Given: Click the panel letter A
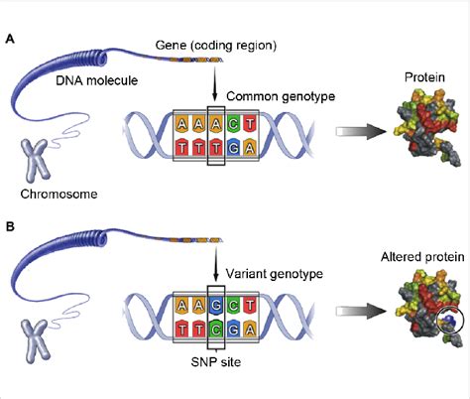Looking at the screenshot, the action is [x=10, y=40].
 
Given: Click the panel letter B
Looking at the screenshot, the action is [x=10, y=227].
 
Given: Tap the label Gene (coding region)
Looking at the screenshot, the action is [x=216, y=46].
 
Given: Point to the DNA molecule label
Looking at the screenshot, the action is [x=97, y=80].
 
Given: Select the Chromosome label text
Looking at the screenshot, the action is [x=59, y=194].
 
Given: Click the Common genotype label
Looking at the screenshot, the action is [x=281, y=96].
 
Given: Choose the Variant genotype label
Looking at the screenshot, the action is [x=275, y=274].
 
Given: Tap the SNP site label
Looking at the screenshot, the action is [x=216, y=362].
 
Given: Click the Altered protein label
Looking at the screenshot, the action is [x=422, y=257].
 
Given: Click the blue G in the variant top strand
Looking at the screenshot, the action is [x=216, y=305].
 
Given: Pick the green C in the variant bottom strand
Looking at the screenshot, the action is [x=216, y=329].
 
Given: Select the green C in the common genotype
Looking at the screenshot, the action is [x=233, y=124].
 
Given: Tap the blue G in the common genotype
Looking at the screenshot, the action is [x=233, y=148].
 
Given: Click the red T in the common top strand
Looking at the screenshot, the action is [x=250, y=124].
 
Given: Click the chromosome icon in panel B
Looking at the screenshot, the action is [x=36, y=340].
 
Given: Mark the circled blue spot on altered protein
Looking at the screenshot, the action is [x=447, y=319].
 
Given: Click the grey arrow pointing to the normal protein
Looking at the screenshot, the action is [x=360, y=132].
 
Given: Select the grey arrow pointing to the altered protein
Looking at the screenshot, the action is [x=360, y=311].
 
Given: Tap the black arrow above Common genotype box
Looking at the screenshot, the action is [x=215, y=83].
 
